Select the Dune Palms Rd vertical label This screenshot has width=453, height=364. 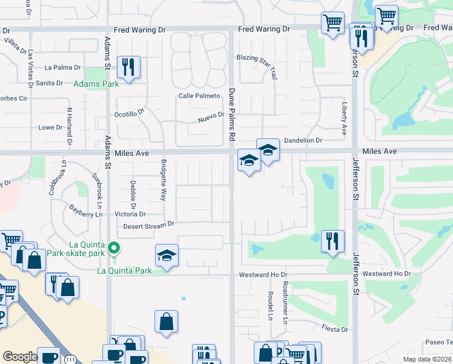231,115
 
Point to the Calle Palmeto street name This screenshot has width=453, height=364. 199,96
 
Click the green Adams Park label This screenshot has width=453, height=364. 96,84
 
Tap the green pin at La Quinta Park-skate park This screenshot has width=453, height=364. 113,248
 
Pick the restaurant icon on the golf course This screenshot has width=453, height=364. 331,240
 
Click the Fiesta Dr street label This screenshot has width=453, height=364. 336,329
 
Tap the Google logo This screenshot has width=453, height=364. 20,357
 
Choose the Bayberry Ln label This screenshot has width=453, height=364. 85,214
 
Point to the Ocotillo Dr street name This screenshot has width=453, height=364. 130,113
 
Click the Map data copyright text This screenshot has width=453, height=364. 427,359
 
